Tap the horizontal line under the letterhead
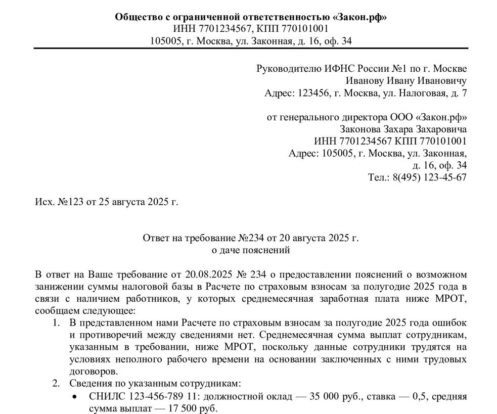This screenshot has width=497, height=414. click(251, 49)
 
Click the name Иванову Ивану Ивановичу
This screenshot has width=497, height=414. click(406, 80)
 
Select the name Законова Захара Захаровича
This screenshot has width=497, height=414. click(403, 129)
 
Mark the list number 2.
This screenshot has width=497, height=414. click(56, 383)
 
